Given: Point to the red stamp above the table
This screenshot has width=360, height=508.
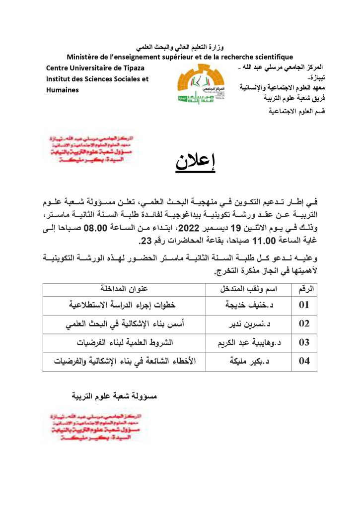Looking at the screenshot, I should [89, 148].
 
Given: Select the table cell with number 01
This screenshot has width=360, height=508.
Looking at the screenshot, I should [304, 305].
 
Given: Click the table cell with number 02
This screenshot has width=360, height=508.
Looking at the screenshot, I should [304, 323].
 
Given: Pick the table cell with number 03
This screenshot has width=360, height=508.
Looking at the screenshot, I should [304, 342].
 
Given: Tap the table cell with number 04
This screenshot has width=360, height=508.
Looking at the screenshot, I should [304, 361].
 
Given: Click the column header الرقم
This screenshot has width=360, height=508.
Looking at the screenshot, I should [304, 289].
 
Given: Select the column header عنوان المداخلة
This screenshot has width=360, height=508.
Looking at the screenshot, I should [124, 289].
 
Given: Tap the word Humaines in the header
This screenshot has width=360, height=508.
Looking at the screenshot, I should [62, 89].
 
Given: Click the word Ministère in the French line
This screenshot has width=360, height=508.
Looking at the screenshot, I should [83, 57].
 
